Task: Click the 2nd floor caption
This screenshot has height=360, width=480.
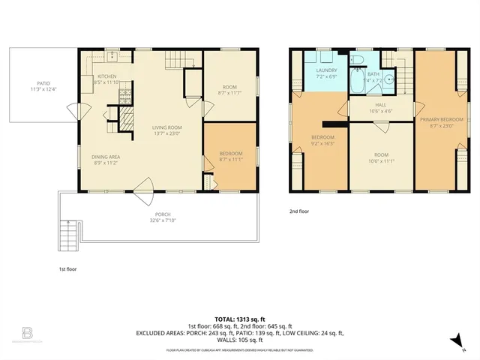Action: click(x=299, y=211)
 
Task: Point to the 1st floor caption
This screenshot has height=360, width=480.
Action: click(x=67, y=268)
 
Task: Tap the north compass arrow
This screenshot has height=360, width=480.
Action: click(x=454, y=340)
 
